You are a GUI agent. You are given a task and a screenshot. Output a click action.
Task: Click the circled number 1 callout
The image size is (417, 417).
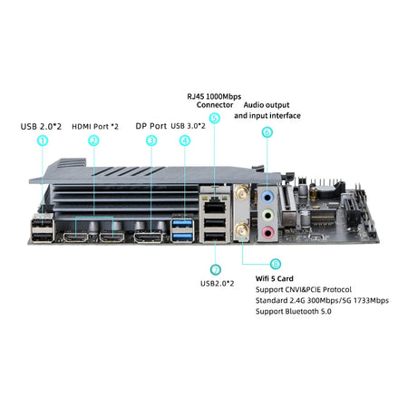pyautogui.click(x=43, y=141)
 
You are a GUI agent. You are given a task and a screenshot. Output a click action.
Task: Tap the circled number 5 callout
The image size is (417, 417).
pyautogui.click(x=214, y=118)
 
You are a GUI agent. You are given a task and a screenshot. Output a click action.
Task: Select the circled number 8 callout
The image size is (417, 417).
pyautogui.click(x=275, y=264)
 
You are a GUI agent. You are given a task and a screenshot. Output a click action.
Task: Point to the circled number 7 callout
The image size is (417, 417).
pyautogui.click(x=215, y=270)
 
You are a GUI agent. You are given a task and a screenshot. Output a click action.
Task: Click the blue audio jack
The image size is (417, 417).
pyautogui.click(x=267, y=198)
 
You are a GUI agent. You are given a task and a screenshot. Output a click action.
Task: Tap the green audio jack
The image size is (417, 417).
pyautogui.click(x=267, y=216)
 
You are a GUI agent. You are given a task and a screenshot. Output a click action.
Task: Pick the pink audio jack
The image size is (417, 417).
pyautogui.click(x=267, y=233)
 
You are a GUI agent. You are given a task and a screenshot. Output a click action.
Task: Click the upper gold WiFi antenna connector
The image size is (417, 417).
pyautogui.click(x=242, y=193)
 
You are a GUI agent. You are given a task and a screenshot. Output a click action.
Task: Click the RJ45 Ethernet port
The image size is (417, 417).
pyautogui.click(x=215, y=207)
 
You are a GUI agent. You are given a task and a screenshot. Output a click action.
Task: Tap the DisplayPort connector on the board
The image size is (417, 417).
pyautogui.click(x=148, y=237)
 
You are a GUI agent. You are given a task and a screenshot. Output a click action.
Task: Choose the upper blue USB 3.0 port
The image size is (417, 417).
pyautogui.click(x=182, y=224)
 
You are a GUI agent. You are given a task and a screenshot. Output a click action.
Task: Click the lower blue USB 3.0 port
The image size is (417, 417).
pyautogui.click(x=182, y=237)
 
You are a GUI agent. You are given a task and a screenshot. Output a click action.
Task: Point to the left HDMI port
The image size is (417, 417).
pyautogui.click(x=76, y=238)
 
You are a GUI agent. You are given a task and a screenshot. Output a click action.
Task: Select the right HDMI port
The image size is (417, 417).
pyautogui.click(x=112, y=238)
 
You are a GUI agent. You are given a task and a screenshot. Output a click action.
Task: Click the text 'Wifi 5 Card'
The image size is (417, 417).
pyautogui.click(x=275, y=278)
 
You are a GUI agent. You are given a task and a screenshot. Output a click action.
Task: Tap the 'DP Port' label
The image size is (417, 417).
pyautogui.click(x=150, y=126)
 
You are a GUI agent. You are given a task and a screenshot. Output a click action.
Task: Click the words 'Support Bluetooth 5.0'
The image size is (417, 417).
pyautogui.click(x=294, y=311)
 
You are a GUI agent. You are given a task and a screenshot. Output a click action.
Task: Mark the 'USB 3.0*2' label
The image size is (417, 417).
pyautogui.click(x=188, y=126)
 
